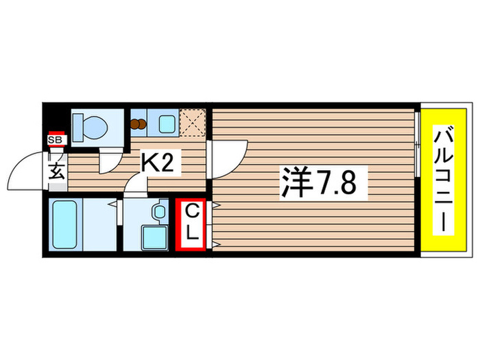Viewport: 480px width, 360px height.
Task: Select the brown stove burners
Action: (139, 125)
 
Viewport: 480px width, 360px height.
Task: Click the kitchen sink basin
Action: (165, 124)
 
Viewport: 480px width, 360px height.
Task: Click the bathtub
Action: (65, 225)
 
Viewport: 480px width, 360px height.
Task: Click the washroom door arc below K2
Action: (138, 185)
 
